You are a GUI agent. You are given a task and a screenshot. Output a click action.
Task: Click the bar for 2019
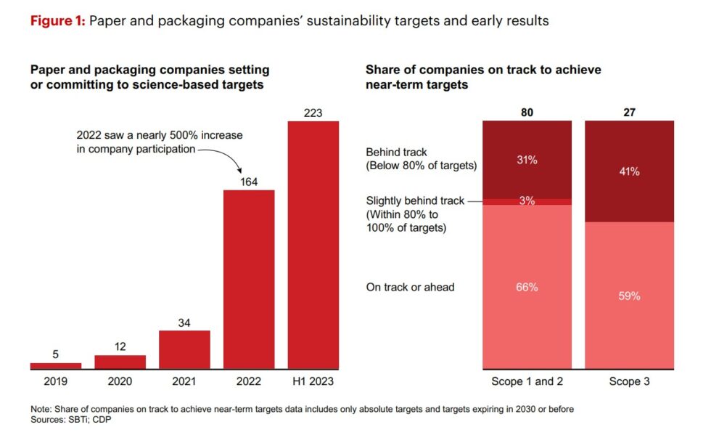[56, 365]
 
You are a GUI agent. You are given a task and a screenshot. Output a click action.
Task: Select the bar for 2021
[184, 349]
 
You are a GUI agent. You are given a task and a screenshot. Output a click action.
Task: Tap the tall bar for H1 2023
[313, 245]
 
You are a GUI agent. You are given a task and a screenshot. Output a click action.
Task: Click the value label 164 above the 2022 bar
[249, 182]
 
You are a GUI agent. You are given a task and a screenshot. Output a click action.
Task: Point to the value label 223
[313, 113]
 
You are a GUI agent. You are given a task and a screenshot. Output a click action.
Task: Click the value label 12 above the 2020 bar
[120, 346]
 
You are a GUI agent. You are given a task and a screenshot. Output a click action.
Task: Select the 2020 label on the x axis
[120, 380]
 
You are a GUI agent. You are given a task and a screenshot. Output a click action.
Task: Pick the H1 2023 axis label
[313, 380]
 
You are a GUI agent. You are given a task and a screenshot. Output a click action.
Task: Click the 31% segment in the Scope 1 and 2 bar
[527, 160]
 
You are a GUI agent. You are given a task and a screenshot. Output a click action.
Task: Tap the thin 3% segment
[527, 201]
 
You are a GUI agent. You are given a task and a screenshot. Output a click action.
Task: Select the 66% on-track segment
[527, 287]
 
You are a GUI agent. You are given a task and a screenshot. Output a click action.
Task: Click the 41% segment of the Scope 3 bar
[629, 171]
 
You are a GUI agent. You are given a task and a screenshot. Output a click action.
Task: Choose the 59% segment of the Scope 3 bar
[629, 296]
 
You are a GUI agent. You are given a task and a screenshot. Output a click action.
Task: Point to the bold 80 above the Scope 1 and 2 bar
[527, 113]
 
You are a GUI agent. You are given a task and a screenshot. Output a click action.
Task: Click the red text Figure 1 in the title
[57, 21]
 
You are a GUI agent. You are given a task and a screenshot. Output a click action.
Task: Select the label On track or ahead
[410, 287]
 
